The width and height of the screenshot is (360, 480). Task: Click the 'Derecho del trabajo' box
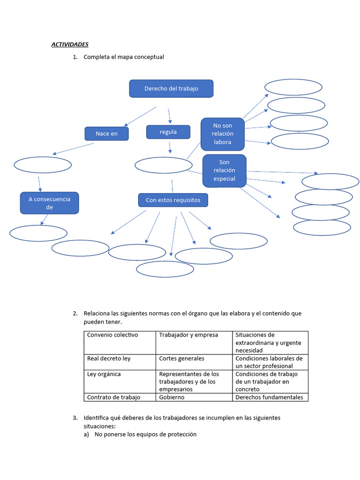[171, 89]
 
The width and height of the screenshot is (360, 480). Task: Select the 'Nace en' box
[106, 134]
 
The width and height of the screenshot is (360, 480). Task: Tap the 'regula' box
[168, 132]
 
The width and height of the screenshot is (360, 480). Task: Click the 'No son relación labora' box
[223, 134]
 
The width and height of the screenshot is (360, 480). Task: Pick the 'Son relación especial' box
[224, 171]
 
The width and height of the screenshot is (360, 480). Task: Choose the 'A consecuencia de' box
[49, 203]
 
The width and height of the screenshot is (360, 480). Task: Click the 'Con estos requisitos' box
[173, 200]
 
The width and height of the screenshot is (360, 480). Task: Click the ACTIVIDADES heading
[70, 45]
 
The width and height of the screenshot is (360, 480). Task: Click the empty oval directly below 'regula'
[164, 165]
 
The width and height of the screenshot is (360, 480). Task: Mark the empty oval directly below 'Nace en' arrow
[43, 165]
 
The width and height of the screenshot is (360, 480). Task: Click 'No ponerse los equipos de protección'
[145, 435]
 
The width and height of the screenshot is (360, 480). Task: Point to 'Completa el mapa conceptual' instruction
[124, 57]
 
